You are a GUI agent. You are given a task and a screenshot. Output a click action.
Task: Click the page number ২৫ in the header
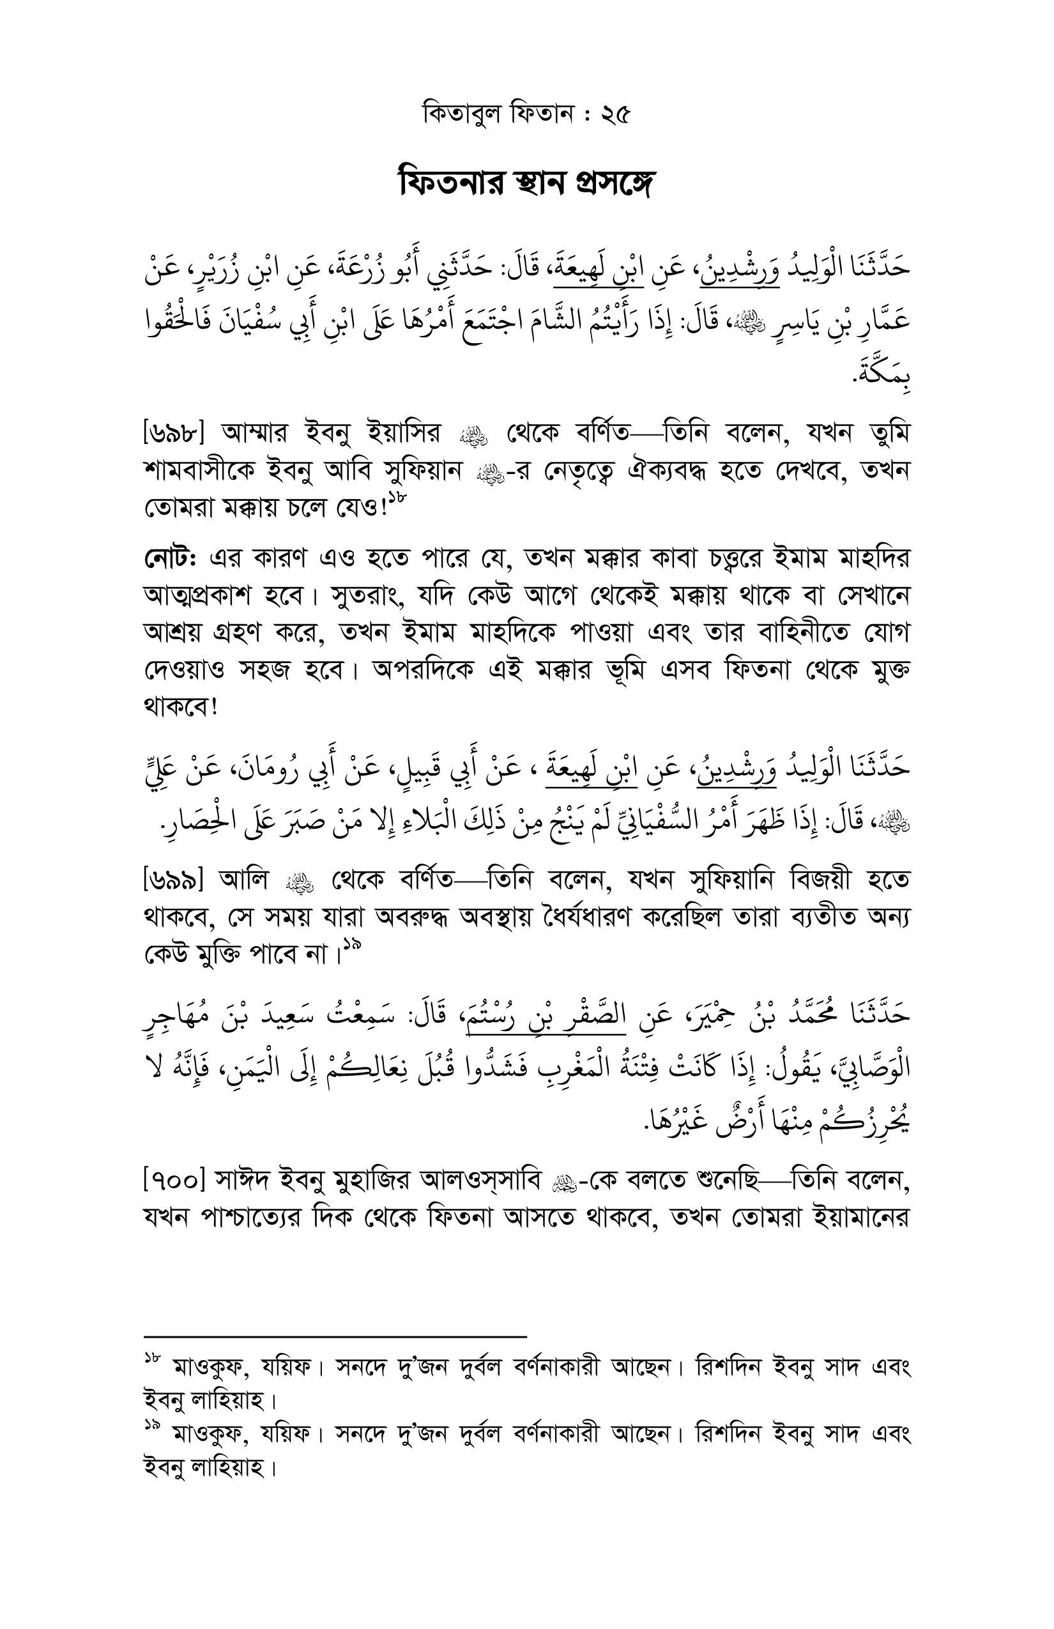(615, 114)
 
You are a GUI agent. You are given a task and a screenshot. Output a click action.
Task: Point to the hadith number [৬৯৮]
(171, 433)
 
